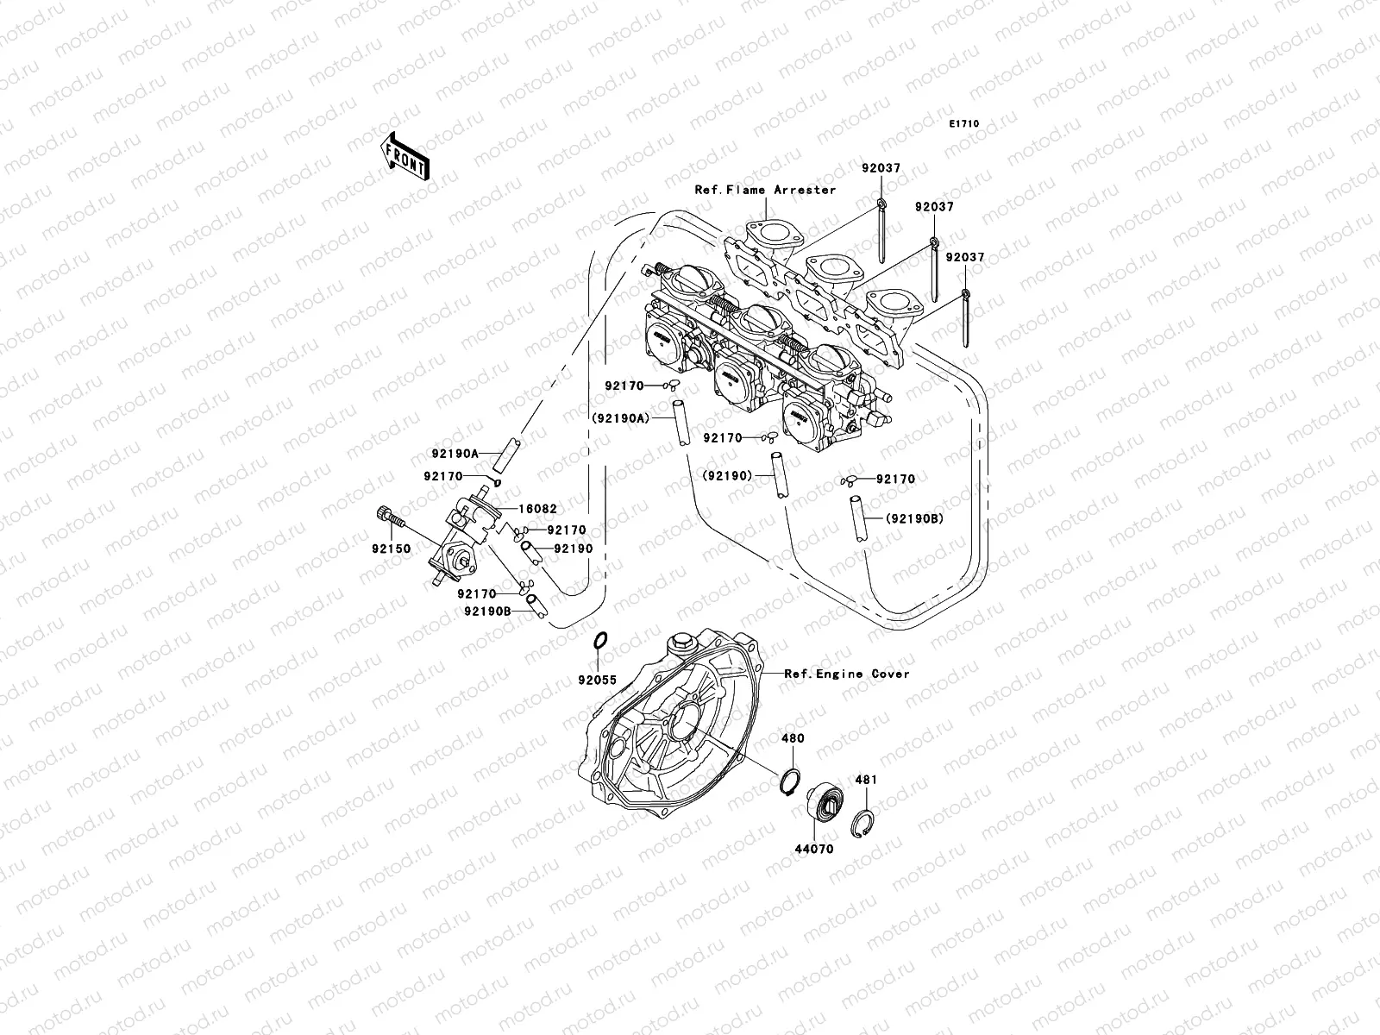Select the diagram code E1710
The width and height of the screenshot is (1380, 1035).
coord(964,124)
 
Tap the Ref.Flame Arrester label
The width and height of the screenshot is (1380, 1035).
coord(765,190)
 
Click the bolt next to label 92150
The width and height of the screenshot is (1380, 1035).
coord(390,517)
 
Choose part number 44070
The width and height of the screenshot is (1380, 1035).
coord(814,849)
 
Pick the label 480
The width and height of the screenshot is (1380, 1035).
coord(793,738)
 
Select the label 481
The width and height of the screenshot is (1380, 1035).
coord(865,780)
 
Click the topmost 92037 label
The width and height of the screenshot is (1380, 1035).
coord(880,168)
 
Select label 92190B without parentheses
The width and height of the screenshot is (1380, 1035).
coord(487,611)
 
